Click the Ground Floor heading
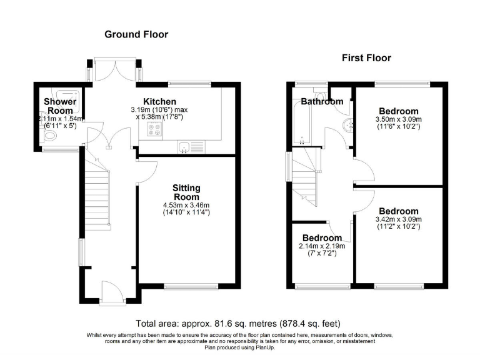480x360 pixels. click(136, 34)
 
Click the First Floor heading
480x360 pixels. click(366, 58)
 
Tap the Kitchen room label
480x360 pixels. click(159, 101)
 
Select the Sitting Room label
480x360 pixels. click(186, 192)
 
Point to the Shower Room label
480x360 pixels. click(60, 106)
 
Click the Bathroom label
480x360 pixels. click(322, 101)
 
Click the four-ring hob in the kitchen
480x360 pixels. click(154, 129)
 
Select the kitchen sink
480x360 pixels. click(184, 147)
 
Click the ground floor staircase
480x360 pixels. click(97, 196)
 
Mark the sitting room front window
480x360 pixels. click(191, 287)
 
